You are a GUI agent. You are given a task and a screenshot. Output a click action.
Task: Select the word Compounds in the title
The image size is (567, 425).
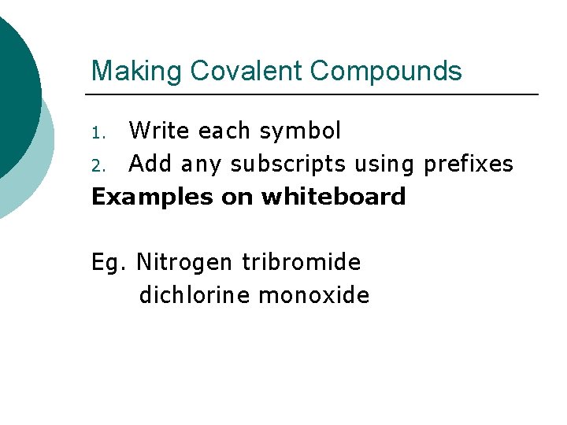(386, 72)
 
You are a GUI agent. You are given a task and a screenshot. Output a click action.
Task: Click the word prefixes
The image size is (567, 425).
(469, 164)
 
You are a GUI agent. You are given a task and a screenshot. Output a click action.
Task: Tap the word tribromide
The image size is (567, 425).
(302, 261)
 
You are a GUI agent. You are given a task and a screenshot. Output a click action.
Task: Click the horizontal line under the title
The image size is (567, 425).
(315, 94)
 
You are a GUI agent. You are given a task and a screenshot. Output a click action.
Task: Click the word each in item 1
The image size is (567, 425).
(223, 130)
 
